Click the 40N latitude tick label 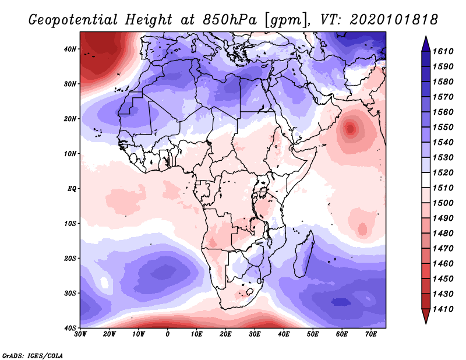pos(70,49)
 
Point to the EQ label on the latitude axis pos(72,189)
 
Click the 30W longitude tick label pos(80,334)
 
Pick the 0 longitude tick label pos(168,334)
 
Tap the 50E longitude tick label pos(313,334)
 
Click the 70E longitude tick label pos(371,334)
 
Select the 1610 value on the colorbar pos(443,51)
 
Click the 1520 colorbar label pos(443,172)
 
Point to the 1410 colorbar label pos(443,309)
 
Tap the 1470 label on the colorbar pos(443,249)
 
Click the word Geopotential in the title pos(73,20)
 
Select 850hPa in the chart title pos(230,20)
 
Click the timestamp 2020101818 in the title pos(394,20)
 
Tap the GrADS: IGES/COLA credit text pos(33,355)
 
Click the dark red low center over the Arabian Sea pos(351,129)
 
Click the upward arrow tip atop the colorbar pos(426,37)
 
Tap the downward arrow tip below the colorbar pos(426,323)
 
